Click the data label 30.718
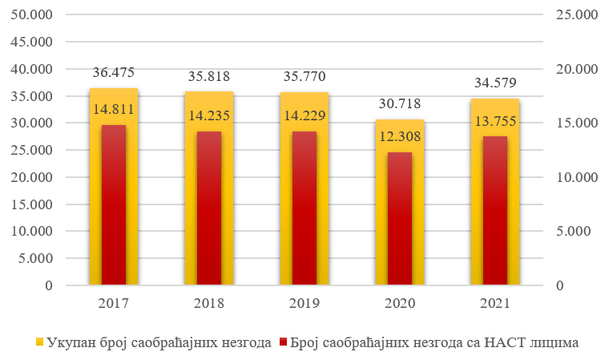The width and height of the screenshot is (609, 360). (x=399, y=103)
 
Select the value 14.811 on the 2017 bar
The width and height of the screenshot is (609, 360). (x=114, y=109)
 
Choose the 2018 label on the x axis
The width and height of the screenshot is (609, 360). (x=208, y=304)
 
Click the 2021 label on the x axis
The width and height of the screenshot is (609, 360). (x=495, y=304)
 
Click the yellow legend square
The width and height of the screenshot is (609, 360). (x=38, y=342)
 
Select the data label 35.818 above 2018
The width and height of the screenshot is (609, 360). (x=208, y=77)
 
